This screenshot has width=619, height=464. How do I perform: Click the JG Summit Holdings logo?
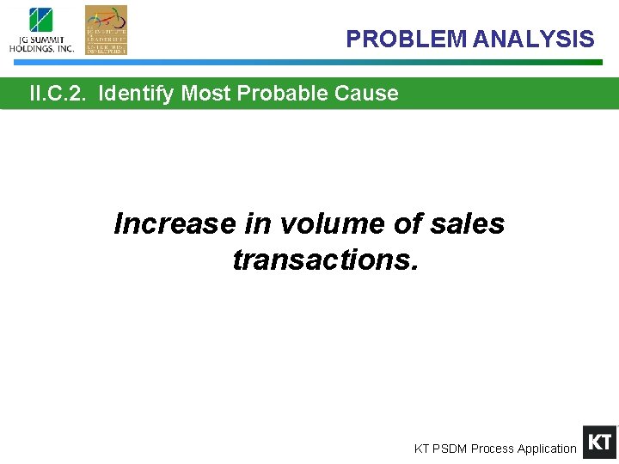point(41,30)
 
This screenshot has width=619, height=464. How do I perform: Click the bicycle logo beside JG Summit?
point(106,30)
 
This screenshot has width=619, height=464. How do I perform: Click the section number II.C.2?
point(58,93)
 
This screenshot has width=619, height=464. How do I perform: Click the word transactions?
point(325,259)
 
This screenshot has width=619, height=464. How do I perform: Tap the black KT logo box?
point(599,443)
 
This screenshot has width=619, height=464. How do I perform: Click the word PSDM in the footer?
point(450,449)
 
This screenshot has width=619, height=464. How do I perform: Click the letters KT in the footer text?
point(422,449)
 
